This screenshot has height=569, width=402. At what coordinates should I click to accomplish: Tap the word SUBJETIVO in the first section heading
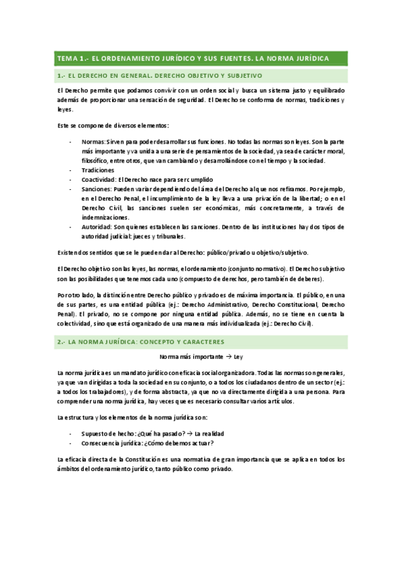(x=240, y=76)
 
